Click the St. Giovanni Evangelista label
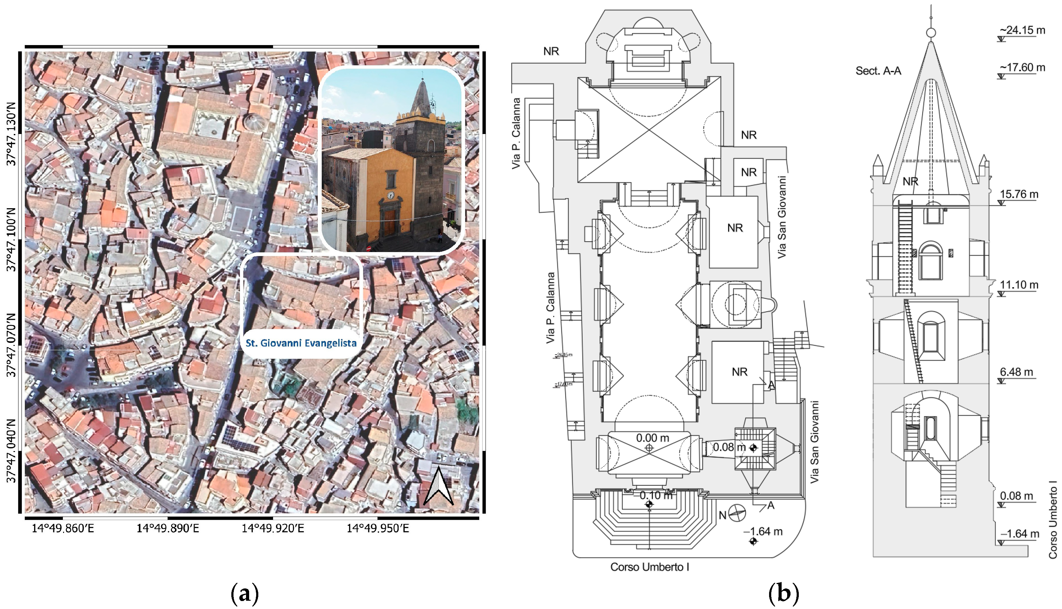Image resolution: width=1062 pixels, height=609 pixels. tap(301, 343)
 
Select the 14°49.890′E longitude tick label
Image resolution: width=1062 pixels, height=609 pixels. tap(168, 528)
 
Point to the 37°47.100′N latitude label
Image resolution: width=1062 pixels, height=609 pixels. tap(11, 239)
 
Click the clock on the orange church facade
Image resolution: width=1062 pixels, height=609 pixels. tap(390, 195)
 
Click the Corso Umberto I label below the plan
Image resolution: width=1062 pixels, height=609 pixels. tap(650, 567)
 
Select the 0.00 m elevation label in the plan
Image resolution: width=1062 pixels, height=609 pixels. tap(652, 438)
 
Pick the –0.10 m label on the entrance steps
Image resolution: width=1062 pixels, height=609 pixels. tap(656, 495)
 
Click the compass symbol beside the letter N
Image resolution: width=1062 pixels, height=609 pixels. tap(737, 513)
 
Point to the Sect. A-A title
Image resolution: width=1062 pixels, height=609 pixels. tap(878, 71)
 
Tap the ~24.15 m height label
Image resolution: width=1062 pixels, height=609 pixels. tap(1022, 30)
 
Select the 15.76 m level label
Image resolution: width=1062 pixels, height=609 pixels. tap(1019, 194)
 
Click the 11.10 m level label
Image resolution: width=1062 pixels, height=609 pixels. tap(1019, 285)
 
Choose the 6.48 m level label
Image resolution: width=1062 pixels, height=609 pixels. tap(1016, 372)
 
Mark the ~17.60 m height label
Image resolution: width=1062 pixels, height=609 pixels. tap(1022, 67)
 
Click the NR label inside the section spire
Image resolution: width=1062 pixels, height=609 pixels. tap(910, 182)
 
